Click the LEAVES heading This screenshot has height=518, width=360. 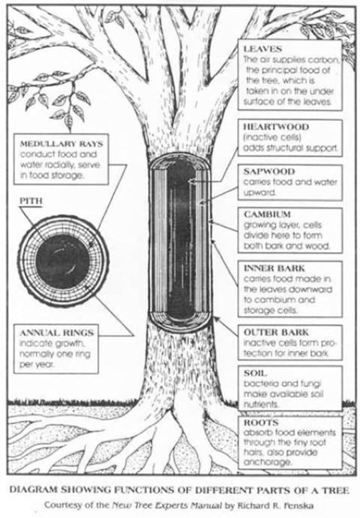(263, 49)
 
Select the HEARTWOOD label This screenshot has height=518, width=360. (276, 127)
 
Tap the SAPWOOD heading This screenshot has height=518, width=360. (269, 171)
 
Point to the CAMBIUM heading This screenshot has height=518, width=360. (267, 214)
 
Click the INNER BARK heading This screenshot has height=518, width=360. (274, 268)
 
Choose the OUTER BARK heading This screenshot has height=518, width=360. (276, 332)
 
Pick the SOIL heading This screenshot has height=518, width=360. (255, 373)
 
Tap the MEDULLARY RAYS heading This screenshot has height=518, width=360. (61, 144)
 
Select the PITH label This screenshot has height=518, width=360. (31, 201)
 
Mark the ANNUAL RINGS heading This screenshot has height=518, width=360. (56, 333)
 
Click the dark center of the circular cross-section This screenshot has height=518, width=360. (63, 261)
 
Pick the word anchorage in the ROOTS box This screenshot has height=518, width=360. (268, 462)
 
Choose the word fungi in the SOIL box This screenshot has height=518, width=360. (311, 384)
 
